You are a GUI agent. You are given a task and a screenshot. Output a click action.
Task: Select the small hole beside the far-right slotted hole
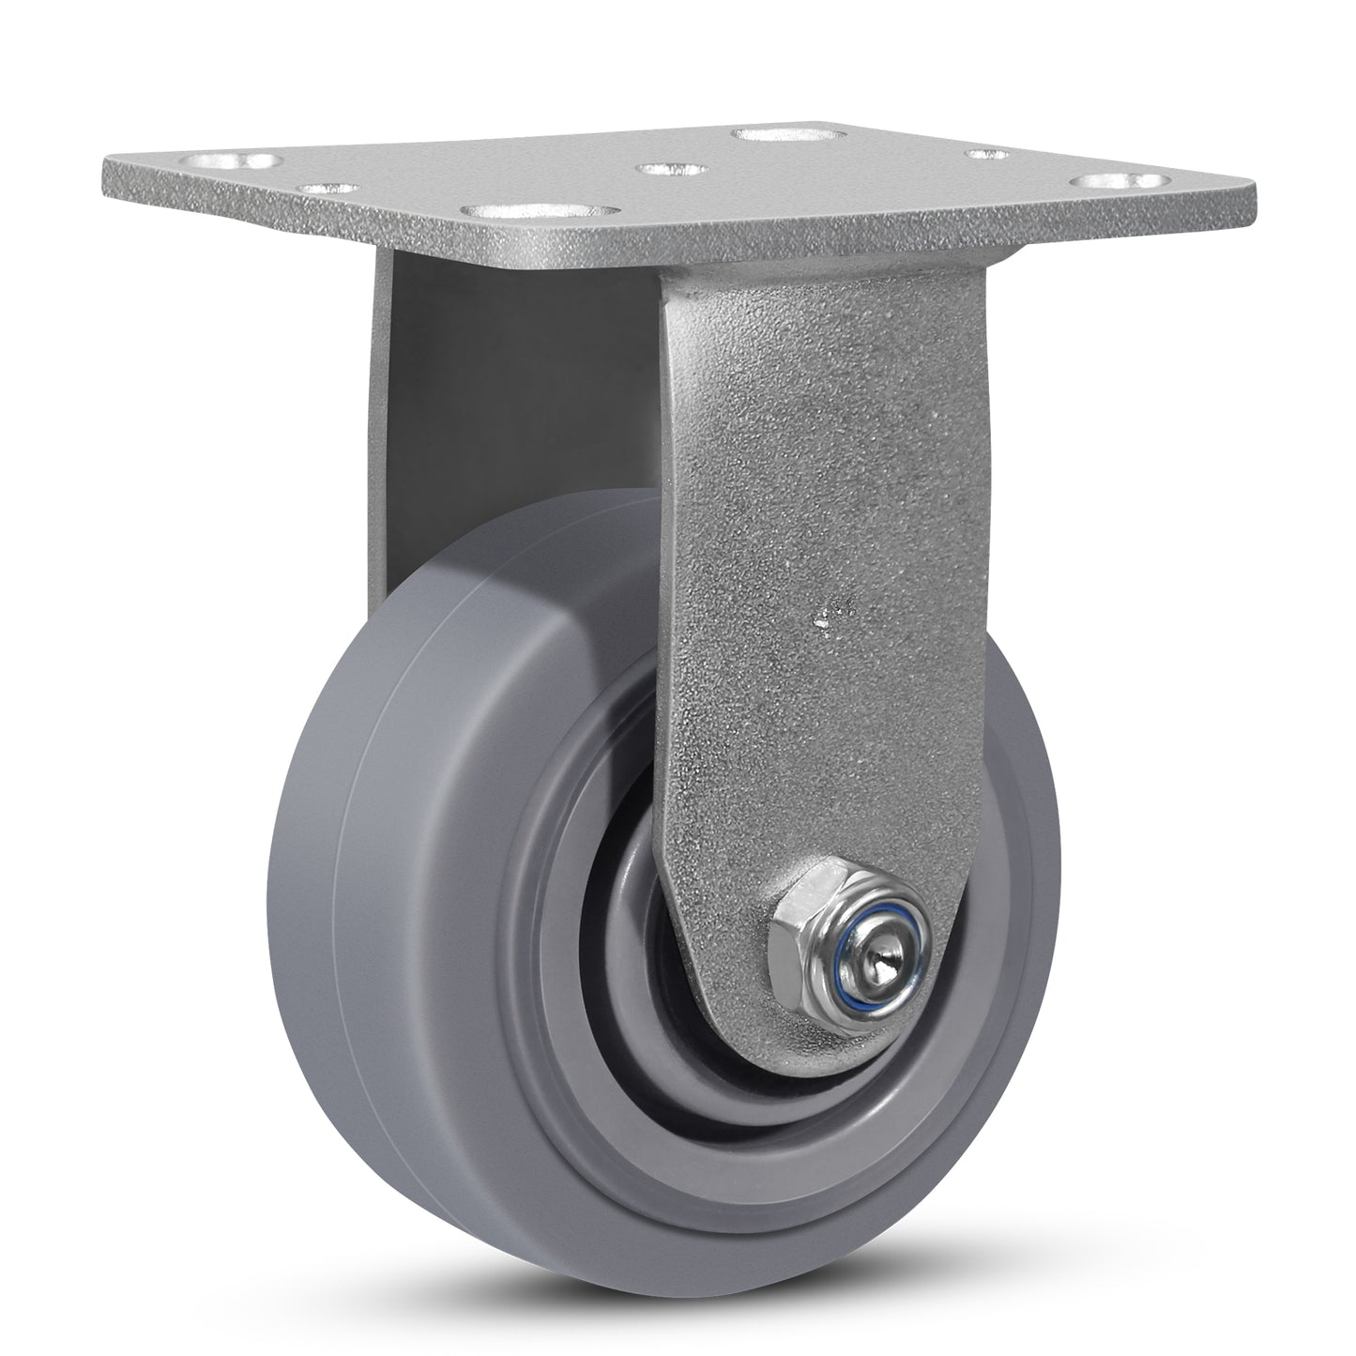click(989, 155)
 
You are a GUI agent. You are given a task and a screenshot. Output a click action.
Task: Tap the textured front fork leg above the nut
click(826, 469)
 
